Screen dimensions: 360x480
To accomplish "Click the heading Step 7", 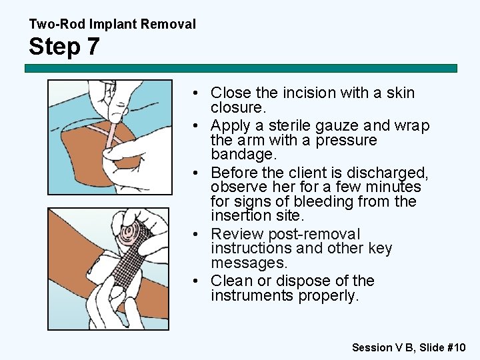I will (x=65, y=47).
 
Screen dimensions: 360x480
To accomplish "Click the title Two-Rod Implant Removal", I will (x=112, y=25).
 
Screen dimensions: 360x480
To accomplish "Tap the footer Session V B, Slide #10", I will (x=409, y=347).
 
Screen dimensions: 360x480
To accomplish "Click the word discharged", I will (x=391, y=173).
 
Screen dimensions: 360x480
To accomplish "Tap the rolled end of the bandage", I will (x=136, y=233).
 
